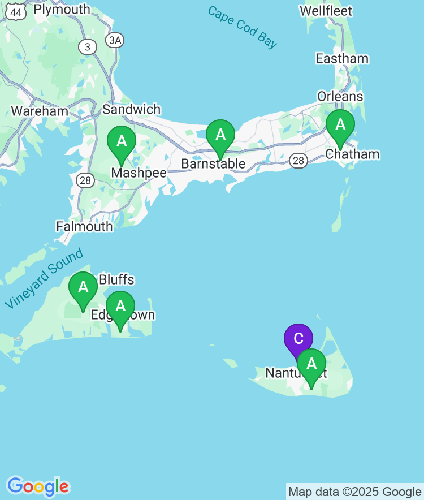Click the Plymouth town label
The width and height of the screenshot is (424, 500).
[62, 10]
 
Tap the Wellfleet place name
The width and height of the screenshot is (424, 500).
[326, 11]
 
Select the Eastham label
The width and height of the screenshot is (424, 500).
[342, 59]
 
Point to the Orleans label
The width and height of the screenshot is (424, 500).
[340, 97]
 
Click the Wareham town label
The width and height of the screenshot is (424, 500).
[40, 111]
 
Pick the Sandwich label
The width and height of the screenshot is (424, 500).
[132, 110]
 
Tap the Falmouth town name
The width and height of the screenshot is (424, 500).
[84, 227]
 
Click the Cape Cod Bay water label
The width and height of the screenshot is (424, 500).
[243, 28]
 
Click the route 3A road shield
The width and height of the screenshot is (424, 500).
[115, 40]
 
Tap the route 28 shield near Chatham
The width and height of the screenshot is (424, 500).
[298, 161]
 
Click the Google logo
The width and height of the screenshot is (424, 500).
[38, 486]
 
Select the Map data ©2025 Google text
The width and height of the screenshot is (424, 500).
[355, 492]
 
